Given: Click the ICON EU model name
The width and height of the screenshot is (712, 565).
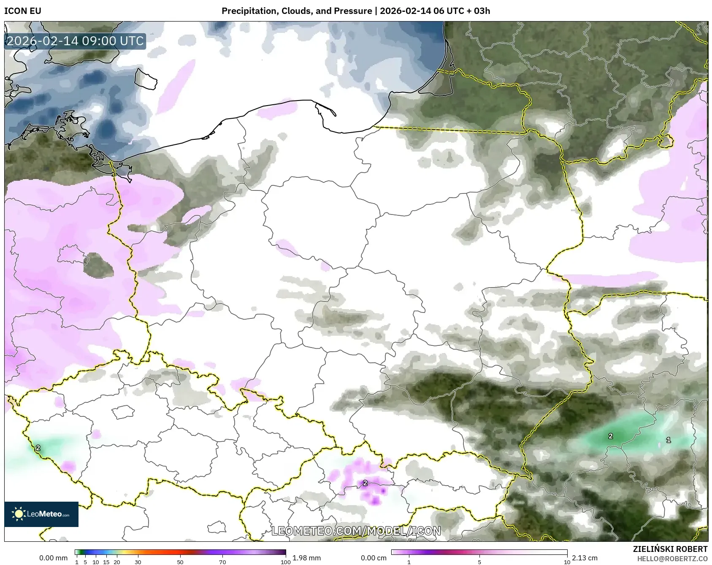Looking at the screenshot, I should [23, 11].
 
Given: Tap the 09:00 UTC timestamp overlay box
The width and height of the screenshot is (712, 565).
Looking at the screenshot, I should [76, 41].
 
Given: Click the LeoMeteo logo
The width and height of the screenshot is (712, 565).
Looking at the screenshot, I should [41, 514].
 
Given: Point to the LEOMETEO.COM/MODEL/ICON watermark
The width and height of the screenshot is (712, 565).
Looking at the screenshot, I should [356, 531].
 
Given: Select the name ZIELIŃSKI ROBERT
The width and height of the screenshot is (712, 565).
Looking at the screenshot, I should [670, 549].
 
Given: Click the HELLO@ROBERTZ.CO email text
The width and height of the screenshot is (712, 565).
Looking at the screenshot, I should [672, 559].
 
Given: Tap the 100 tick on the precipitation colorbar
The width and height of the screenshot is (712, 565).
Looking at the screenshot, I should [286, 562].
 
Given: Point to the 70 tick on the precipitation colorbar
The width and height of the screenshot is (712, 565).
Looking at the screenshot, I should [222, 562].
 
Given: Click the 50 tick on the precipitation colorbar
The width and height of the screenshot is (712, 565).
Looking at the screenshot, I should [180, 562].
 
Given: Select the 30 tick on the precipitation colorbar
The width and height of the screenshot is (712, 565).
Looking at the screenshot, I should [138, 562].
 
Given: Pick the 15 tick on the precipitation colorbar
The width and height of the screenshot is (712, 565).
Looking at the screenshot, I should [106, 562].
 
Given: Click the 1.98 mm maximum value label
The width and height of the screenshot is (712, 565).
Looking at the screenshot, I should [306, 558].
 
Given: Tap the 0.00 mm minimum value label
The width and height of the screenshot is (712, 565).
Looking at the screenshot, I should [53, 558].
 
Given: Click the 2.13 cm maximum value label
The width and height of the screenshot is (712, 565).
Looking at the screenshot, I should [585, 558].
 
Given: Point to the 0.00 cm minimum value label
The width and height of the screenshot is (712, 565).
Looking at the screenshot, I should [374, 558].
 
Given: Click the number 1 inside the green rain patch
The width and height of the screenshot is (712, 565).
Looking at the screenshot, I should [668, 440].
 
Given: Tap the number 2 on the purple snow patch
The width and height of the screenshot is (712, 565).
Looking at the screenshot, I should [365, 483].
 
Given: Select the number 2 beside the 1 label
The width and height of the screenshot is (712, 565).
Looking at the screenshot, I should [610, 436].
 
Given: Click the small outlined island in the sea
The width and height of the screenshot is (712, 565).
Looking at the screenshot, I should [146, 79].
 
